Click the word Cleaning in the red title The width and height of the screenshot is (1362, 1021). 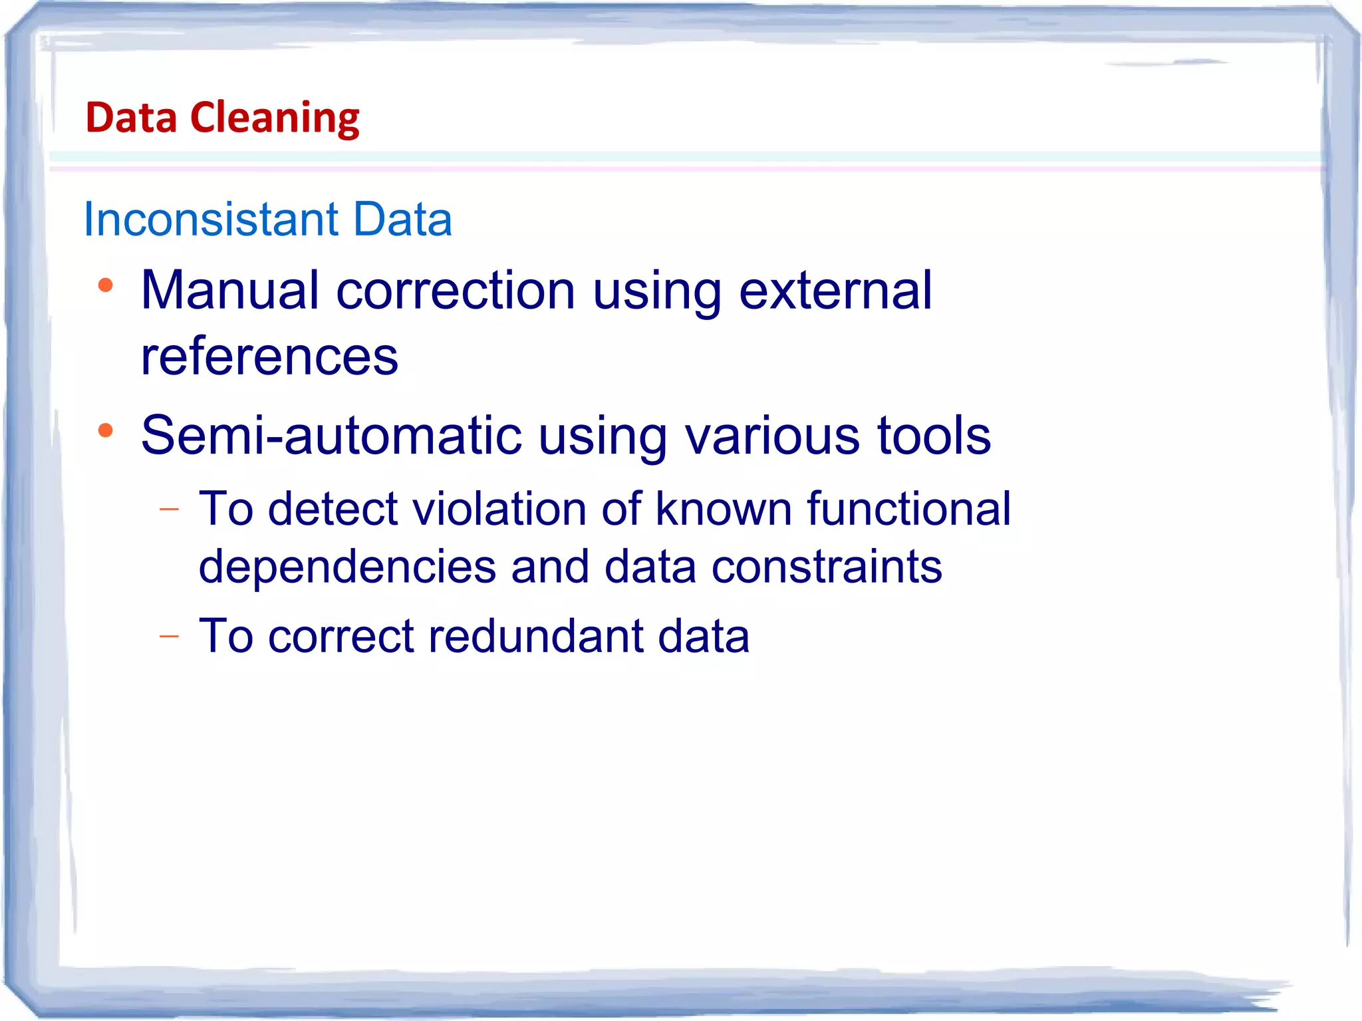(x=275, y=118)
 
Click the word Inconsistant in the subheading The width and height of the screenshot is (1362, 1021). (x=211, y=219)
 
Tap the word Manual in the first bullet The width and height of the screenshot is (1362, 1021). (x=229, y=291)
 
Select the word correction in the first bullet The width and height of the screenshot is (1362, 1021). (x=456, y=291)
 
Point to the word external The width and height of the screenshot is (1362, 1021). (x=835, y=291)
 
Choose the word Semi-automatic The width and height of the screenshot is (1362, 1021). (x=331, y=436)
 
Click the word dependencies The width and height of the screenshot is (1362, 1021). (x=347, y=567)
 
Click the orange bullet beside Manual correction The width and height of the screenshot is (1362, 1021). (x=105, y=286)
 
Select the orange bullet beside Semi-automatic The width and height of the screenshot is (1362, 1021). (x=105, y=431)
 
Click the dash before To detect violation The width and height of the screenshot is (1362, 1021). (x=170, y=510)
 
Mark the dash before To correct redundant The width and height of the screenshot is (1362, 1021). (x=170, y=637)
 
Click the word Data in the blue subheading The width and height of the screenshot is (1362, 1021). (x=402, y=219)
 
